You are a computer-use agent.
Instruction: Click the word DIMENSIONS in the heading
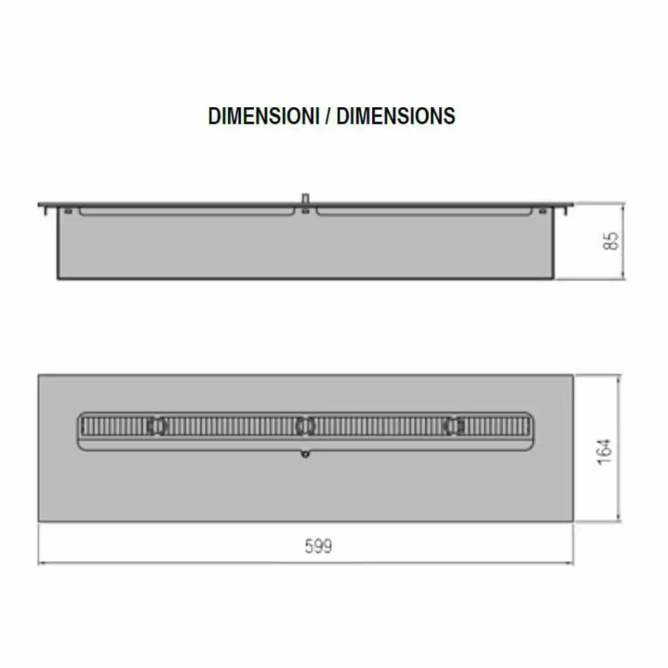point(396,116)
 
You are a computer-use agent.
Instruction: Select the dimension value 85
point(613,240)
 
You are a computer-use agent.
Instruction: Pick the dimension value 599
point(318,546)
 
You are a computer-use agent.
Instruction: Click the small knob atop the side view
point(305,198)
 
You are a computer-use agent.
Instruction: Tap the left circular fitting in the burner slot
point(157,425)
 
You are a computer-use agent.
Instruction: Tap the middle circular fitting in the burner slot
point(305,425)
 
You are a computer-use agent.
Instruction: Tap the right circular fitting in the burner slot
point(454,425)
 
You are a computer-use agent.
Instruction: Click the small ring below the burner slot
point(305,455)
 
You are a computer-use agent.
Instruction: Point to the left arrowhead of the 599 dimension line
point(41,563)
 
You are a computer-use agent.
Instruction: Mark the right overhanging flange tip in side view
point(571,205)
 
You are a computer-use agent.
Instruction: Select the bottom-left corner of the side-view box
point(58,278)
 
